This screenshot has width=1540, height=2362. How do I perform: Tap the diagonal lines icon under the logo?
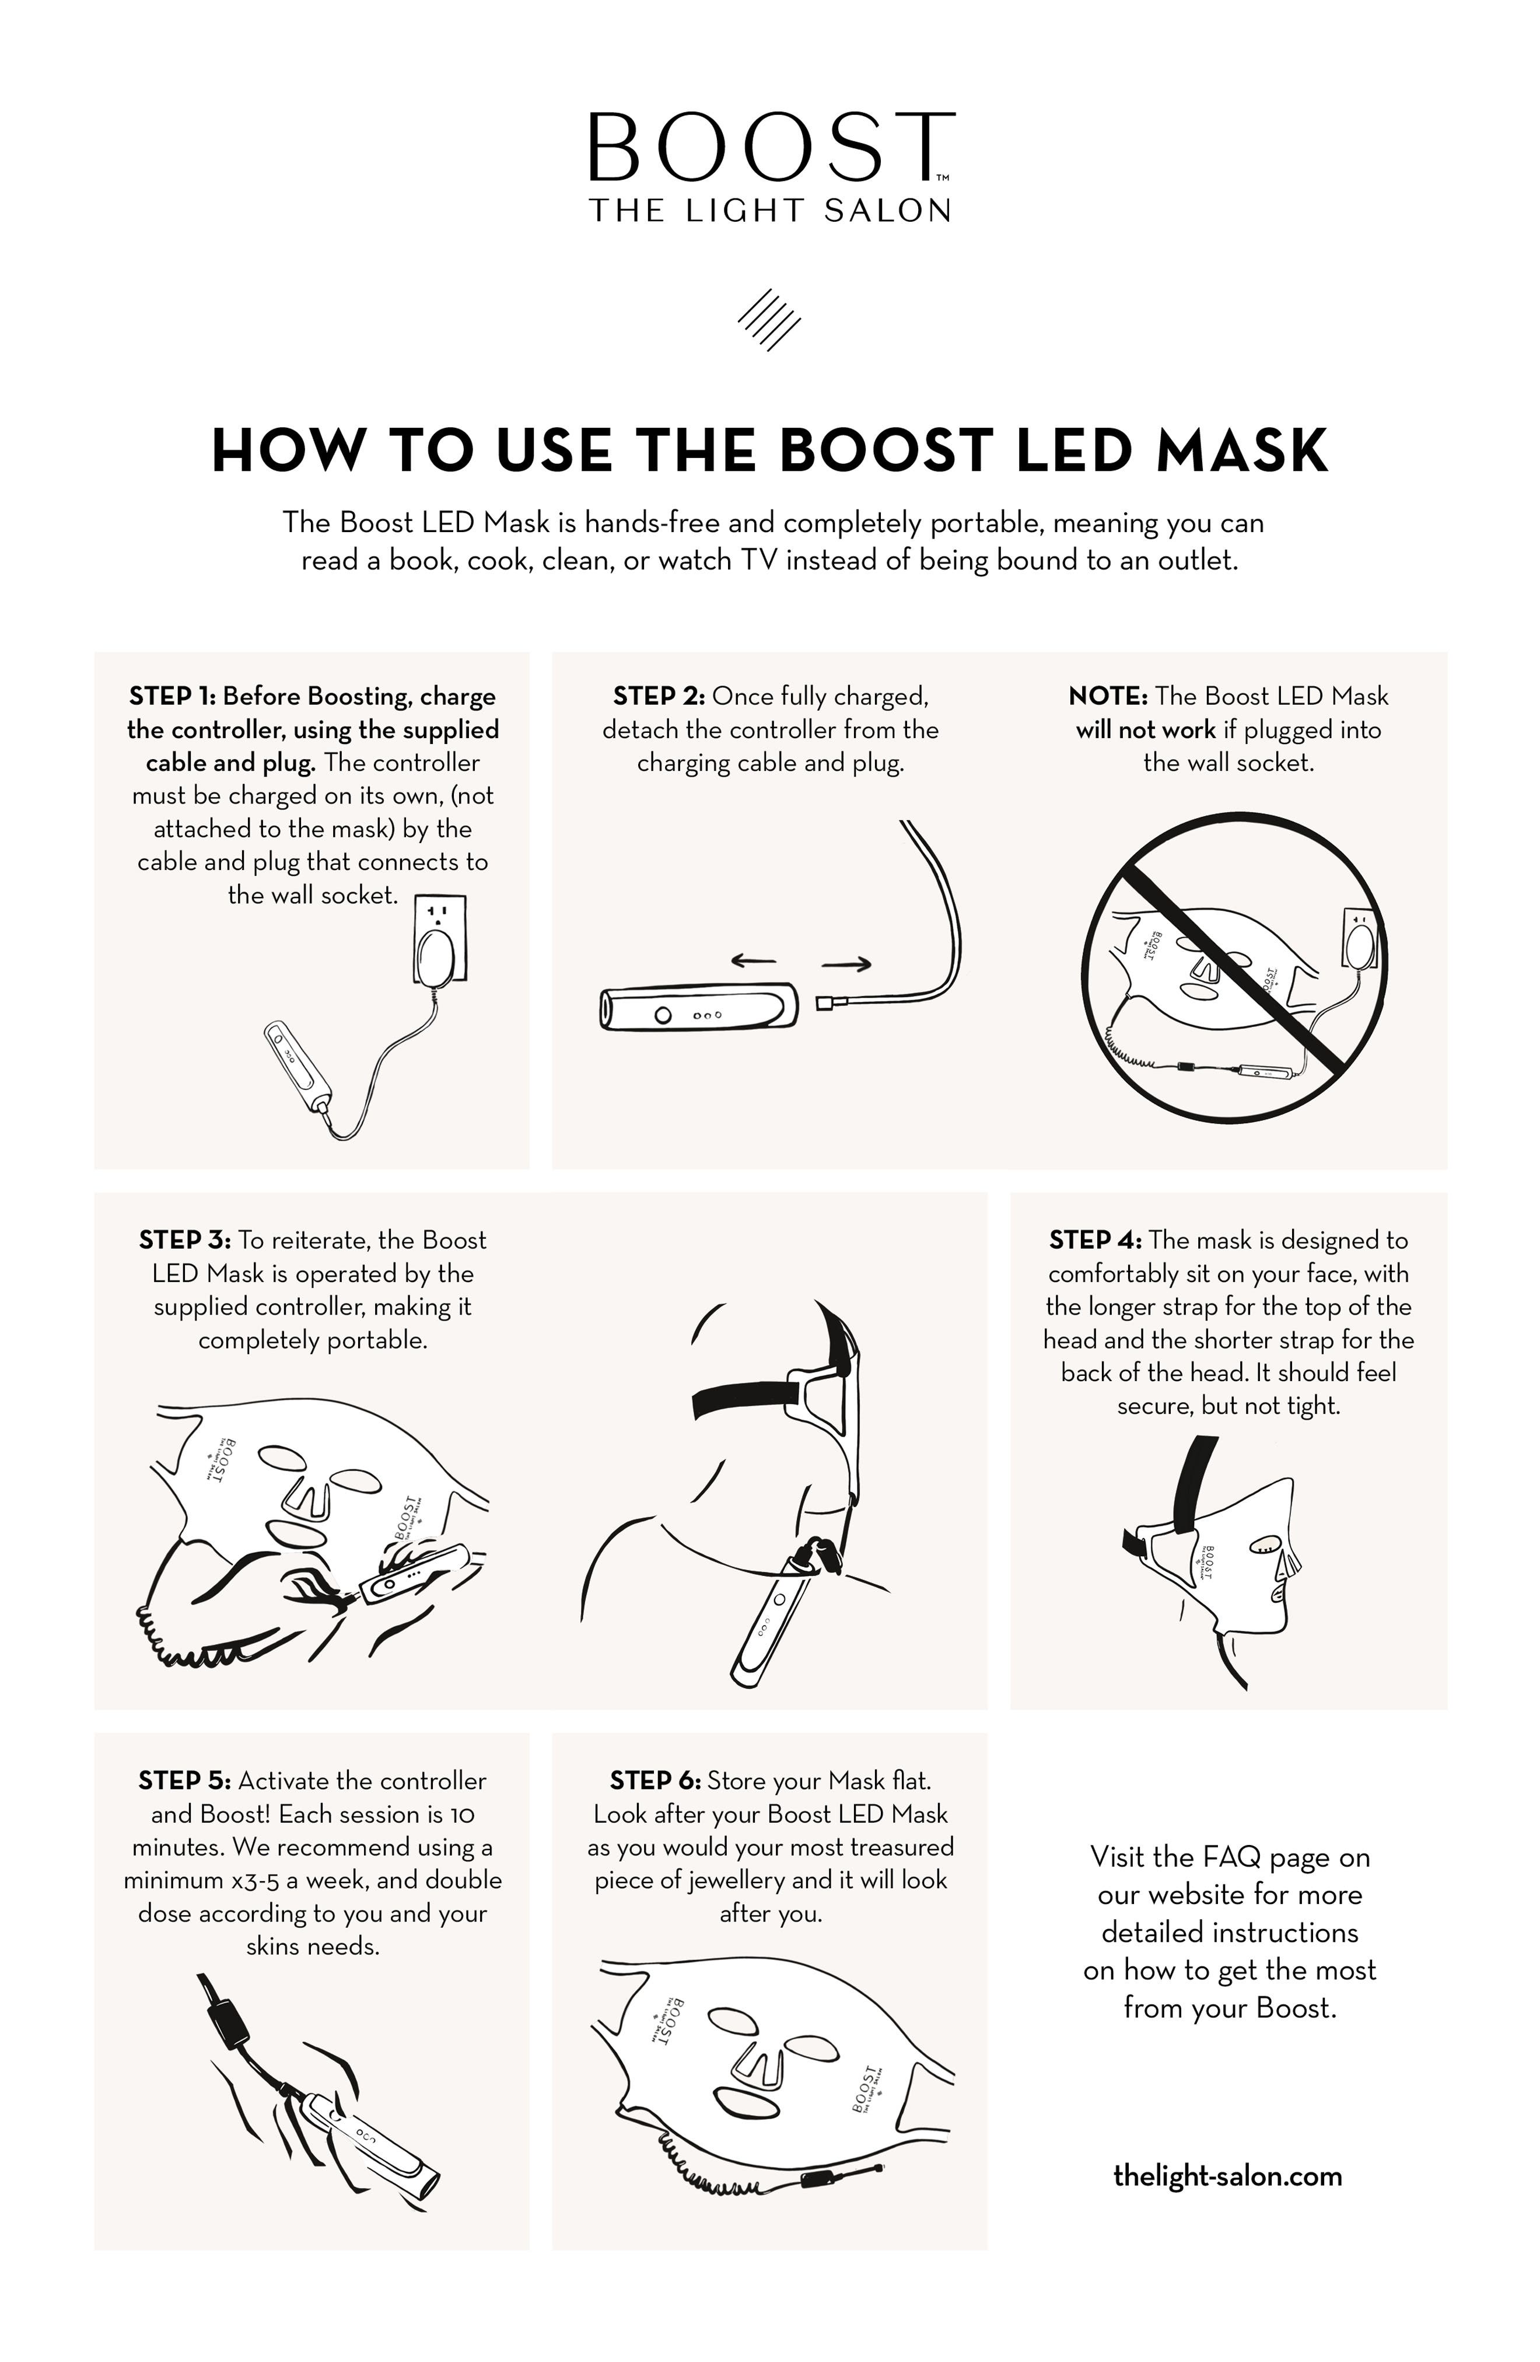click(x=769, y=320)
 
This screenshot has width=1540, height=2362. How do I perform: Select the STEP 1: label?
click(x=171, y=697)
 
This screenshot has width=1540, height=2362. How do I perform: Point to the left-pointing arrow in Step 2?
click(x=753, y=960)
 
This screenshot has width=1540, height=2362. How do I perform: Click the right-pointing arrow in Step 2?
click(x=846, y=964)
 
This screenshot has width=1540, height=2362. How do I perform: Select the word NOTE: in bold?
click(x=1107, y=697)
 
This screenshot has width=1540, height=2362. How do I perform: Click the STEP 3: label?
click(x=184, y=1241)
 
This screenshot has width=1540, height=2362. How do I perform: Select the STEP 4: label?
click(x=1094, y=1241)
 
